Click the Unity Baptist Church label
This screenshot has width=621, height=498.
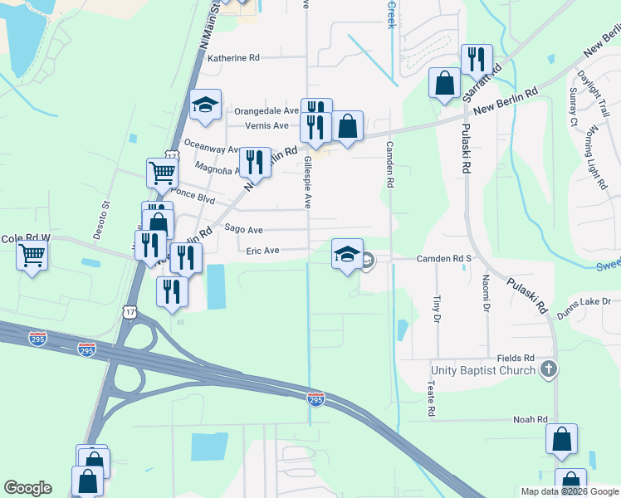click(x=483, y=369)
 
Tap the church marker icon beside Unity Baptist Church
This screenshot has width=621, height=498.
click(x=547, y=369)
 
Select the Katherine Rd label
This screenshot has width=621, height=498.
click(x=233, y=58)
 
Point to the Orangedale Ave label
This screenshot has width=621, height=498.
click(x=266, y=110)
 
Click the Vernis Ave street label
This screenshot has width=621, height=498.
click(x=266, y=125)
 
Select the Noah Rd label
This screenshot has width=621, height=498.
click(x=531, y=420)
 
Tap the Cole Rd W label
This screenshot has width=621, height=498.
click(x=26, y=238)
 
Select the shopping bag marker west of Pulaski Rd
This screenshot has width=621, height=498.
click(x=445, y=83)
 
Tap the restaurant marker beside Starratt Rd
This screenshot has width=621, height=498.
click(x=477, y=59)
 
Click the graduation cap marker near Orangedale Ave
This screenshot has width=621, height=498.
click(x=205, y=105)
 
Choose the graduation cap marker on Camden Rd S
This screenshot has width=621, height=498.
click(x=347, y=254)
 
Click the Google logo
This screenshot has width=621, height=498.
click(x=27, y=488)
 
